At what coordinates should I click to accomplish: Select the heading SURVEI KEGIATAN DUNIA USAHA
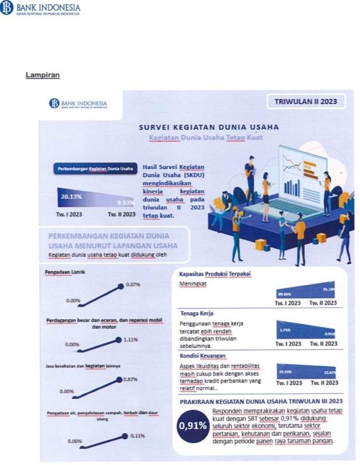(x=208, y=126)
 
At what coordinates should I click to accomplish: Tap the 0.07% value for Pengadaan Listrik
(x=133, y=284)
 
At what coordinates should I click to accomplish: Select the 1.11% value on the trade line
(x=131, y=339)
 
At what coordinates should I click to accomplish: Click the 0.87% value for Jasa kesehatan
(x=131, y=380)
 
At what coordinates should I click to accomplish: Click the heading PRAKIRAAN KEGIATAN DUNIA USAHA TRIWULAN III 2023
(x=260, y=401)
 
